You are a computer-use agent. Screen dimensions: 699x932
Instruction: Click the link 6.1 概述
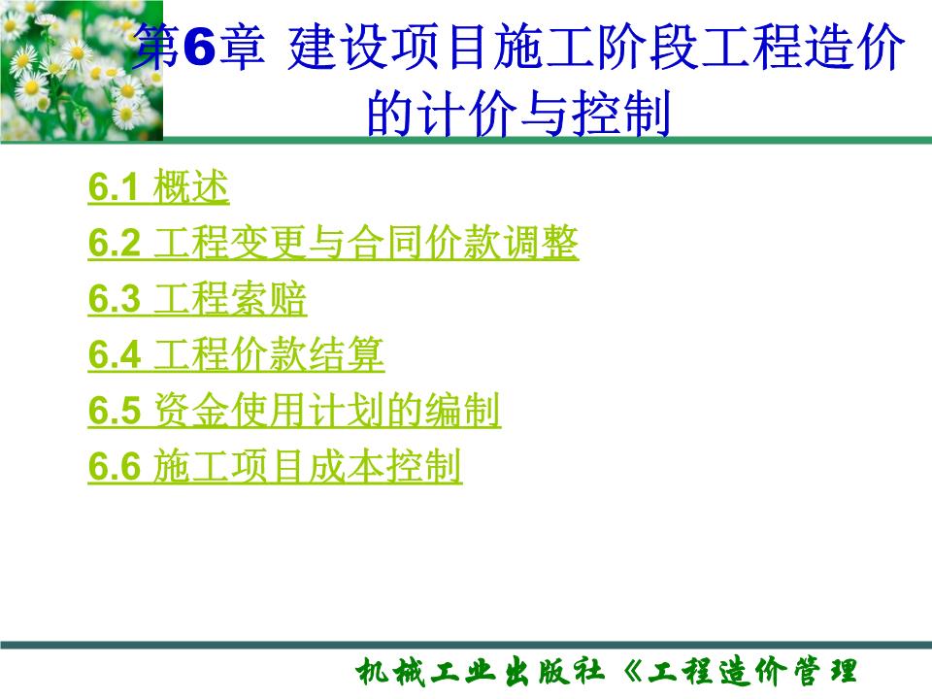[x=158, y=188]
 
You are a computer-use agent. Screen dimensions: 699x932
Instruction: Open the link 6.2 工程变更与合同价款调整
[x=333, y=244]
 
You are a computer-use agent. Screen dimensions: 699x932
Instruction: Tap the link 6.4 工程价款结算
[x=236, y=356]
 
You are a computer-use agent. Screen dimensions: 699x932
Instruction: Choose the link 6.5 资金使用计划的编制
[x=294, y=413]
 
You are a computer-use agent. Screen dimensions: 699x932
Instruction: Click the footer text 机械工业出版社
[x=480, y=672]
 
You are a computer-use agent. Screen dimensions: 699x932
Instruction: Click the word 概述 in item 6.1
[x=191, y=188]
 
